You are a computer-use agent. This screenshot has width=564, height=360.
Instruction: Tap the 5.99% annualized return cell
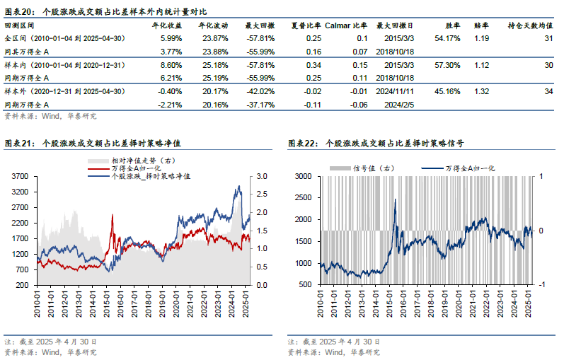point(171,38)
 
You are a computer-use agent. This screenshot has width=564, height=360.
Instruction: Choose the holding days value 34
point(548,91)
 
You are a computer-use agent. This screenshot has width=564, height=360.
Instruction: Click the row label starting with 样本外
point(64,91)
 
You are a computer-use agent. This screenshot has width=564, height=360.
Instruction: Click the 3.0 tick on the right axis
point(260,176)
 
